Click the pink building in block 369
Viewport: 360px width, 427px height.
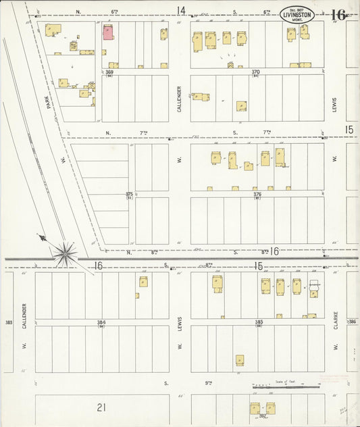[107, 32]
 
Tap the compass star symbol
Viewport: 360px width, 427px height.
[65, 253]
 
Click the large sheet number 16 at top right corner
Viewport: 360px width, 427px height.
[338, 14]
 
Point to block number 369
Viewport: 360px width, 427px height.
[109, 72]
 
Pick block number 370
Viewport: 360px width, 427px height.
[255, 72]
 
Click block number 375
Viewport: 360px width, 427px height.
[129, 194]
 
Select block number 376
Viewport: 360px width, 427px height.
[257, 194]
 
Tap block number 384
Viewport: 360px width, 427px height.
[101, 322]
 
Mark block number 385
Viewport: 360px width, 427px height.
[258, 322]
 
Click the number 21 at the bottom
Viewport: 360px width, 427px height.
[101, 407]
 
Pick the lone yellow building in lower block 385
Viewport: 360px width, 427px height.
[239, 360]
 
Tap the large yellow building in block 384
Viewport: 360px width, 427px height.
[143, 282]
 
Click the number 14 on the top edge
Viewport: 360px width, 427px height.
[180, 10]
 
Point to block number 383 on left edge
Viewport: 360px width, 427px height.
[8, 322]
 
